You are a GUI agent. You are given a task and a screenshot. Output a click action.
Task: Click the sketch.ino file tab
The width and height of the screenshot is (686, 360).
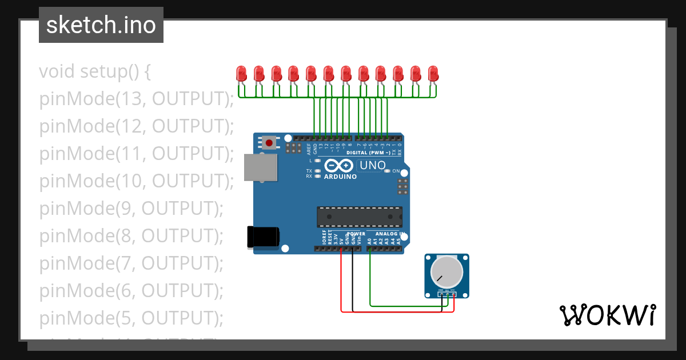101,25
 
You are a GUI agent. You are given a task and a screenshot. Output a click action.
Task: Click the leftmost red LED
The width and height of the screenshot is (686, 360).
241,74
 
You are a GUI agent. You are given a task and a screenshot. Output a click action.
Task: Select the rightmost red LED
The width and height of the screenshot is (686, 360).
433,74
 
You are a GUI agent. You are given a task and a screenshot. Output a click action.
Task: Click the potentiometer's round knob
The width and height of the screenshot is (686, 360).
446,272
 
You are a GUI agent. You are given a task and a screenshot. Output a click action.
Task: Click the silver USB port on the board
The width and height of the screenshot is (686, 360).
261,167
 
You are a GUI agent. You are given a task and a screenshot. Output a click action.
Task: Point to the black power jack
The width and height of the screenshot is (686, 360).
263,237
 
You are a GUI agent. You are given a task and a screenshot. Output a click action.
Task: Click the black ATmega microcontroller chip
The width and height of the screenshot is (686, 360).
360,217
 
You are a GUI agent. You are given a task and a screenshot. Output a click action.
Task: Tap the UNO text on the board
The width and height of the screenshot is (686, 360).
372,166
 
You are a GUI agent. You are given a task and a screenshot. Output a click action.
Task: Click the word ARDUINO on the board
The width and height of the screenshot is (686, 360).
341,177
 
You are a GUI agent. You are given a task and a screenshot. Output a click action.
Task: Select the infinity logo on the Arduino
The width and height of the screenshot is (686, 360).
340,166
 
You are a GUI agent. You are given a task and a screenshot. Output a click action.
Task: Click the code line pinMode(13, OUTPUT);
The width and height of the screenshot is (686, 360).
137,99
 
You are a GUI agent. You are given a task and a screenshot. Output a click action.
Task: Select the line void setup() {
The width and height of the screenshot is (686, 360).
95,71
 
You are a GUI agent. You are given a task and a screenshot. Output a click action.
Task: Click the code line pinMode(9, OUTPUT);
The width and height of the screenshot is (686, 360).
131,209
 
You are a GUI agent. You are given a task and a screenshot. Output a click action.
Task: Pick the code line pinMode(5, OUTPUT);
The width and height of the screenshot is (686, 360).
131,318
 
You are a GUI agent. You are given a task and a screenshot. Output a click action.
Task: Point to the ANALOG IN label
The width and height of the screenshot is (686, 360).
390,234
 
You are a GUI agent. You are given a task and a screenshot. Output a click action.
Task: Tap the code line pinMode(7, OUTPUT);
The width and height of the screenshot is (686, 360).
131,263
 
